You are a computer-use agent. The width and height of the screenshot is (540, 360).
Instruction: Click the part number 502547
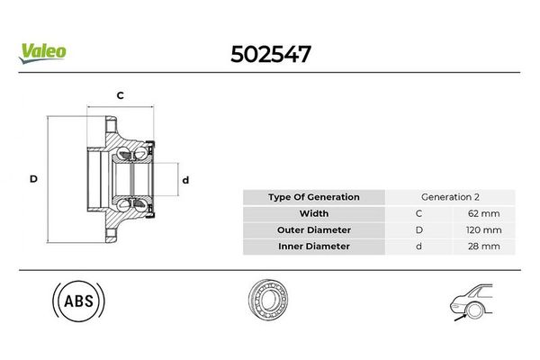click(x=270, y=54)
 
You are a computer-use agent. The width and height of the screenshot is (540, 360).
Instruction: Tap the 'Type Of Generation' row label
click(x=314, y=197)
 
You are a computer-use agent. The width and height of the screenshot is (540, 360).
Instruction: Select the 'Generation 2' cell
click(x=450, y=197)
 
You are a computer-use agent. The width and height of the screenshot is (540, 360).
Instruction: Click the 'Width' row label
click(x=314, y=213)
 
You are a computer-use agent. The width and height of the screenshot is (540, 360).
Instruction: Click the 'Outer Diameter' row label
click(x=314, y=229)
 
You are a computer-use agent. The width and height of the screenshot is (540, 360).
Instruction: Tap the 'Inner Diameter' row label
click(x=314, y=246)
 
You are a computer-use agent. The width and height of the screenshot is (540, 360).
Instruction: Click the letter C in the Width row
click(x=418, y=213)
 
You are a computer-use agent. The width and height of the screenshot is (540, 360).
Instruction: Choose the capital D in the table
click(x=418, y=229)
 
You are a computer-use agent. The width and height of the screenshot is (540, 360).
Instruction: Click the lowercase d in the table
click(x=418, y=246)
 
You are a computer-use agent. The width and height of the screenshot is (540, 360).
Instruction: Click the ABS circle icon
click(x=79, y=302)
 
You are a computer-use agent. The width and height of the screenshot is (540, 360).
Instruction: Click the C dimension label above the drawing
click(x=120, y=94)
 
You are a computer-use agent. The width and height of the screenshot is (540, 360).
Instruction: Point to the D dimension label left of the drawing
click(x=33, y=179)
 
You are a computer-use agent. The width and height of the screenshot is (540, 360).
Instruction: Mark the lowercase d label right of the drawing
click(x=185, y=179)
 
